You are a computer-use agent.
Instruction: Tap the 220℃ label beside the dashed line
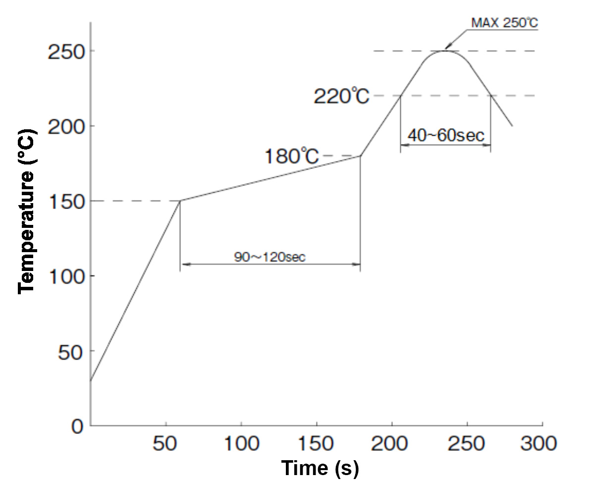342,96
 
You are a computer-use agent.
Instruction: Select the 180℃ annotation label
291,157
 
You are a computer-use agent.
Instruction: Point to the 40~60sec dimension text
445,135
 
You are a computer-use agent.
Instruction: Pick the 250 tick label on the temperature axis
64,52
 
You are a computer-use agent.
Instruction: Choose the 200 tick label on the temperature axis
64,126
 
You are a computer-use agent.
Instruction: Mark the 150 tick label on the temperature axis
64,201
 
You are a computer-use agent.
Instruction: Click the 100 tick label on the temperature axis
64,276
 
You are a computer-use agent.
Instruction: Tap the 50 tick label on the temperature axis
71,351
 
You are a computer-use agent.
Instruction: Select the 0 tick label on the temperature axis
77,427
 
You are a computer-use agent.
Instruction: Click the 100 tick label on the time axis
241,443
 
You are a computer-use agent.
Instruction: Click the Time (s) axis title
320,468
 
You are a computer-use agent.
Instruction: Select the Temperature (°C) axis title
27,212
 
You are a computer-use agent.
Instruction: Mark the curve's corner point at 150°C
180,201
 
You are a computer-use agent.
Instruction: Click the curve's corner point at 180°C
360,156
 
